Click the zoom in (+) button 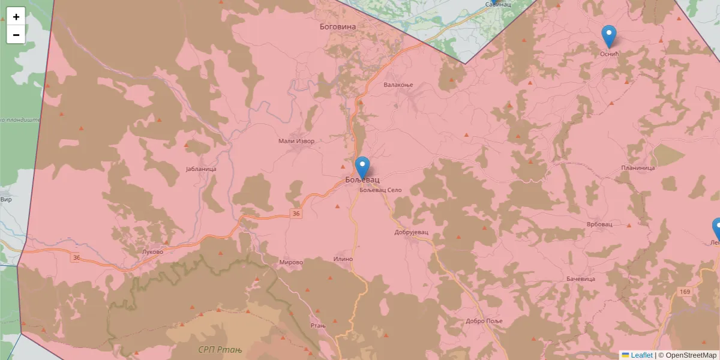[x=16, y=17]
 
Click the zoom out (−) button [x=16, y=35]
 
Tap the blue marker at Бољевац [x=362, y=167]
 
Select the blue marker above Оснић [x=609, y=36]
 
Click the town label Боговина [x=338, y=27]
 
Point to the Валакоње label [x=399, y=85]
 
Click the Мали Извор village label [x=296, y=141]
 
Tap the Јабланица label [x=201, y=169]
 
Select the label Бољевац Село [x=380, y=190]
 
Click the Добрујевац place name [x=412, y=232]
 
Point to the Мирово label [x=291, y=262]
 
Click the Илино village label [x=343, y=259]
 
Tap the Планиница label [x=638, y=168]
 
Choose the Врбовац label [x=599, y=224]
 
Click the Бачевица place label [x=580, y=279]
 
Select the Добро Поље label [x=484, y=321]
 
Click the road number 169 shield [x=685, y=292]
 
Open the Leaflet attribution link [x=641, y=355]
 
